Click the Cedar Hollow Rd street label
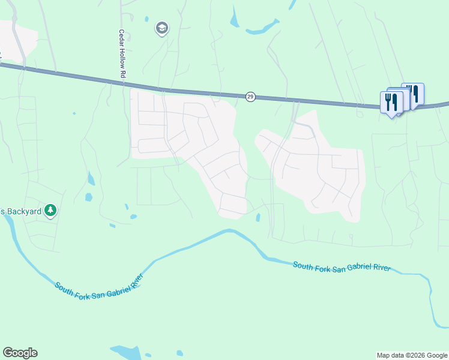(x=121, y=54)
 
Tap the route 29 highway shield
(x=250, y=97)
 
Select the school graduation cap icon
(x=161, y=28)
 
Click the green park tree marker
(x=52, y=210)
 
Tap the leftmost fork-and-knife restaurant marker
(x=391, y=103)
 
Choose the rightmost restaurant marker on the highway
(x=413, y=93)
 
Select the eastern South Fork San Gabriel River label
(x=342, y=266)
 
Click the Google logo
(x=20, y=353)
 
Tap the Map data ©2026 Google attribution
(x=412, y=355)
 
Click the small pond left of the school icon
(x=147, y=19)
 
